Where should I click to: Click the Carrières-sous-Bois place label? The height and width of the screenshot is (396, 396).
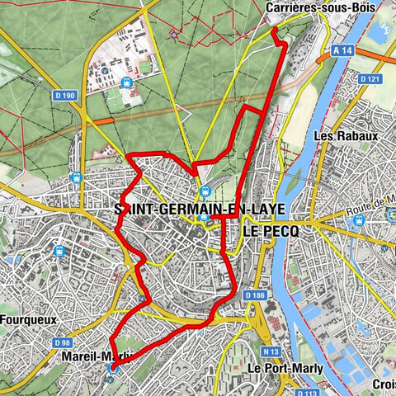pyautogui.click(x=309, y=7)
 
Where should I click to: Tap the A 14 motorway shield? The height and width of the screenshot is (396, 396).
pyautogui.click(x=346, y=49)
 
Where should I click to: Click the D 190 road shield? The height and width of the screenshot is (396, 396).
pyautogui.click(x=67, y=96)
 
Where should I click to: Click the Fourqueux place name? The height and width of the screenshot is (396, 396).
pyautogui.click(x=29, y=314)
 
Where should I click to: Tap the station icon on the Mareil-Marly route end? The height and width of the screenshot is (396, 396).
pyautogui.click(x=112, y=369)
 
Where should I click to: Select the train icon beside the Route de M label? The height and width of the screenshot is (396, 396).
pyautogui.click(x=390, y=214)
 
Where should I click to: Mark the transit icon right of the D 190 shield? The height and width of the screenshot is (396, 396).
pyautogui.click(x=125, y=82)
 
